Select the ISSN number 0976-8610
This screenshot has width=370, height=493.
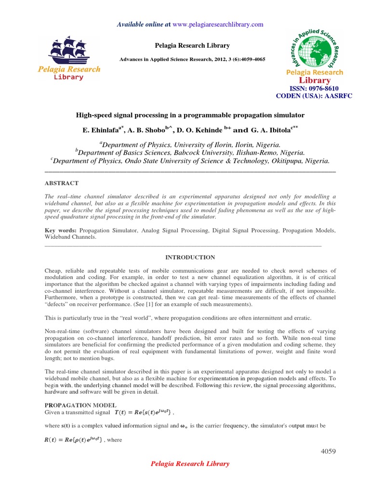321,89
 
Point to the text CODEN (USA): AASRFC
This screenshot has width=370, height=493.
314,96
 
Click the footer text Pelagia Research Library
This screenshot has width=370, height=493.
190,464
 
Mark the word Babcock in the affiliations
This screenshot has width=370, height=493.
163,153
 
